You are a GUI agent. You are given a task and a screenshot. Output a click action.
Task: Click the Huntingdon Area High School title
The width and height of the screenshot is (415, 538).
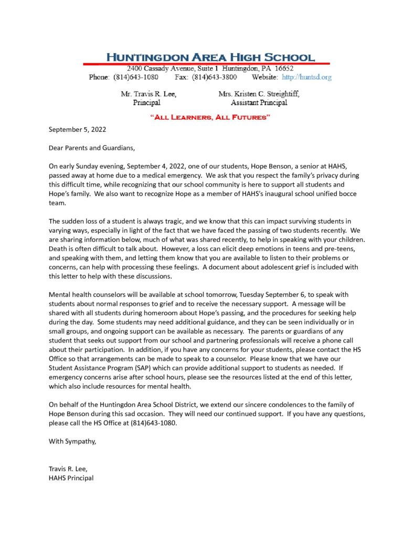[210, 57]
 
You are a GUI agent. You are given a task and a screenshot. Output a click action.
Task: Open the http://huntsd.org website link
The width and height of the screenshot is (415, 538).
[306, 77]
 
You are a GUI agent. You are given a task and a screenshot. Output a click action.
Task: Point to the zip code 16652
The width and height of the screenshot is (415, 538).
[283, 69]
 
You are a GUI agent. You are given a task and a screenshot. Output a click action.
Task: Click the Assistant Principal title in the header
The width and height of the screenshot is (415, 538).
[259, 102]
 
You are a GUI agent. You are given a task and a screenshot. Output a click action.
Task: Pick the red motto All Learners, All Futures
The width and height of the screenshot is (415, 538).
[210, 117]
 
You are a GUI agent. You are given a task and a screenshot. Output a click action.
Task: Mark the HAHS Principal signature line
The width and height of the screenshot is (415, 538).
[71, 478]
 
